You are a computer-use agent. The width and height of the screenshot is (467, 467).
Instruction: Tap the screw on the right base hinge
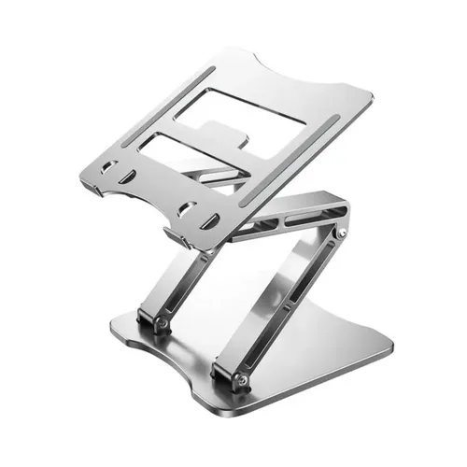(x=245, y=379)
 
